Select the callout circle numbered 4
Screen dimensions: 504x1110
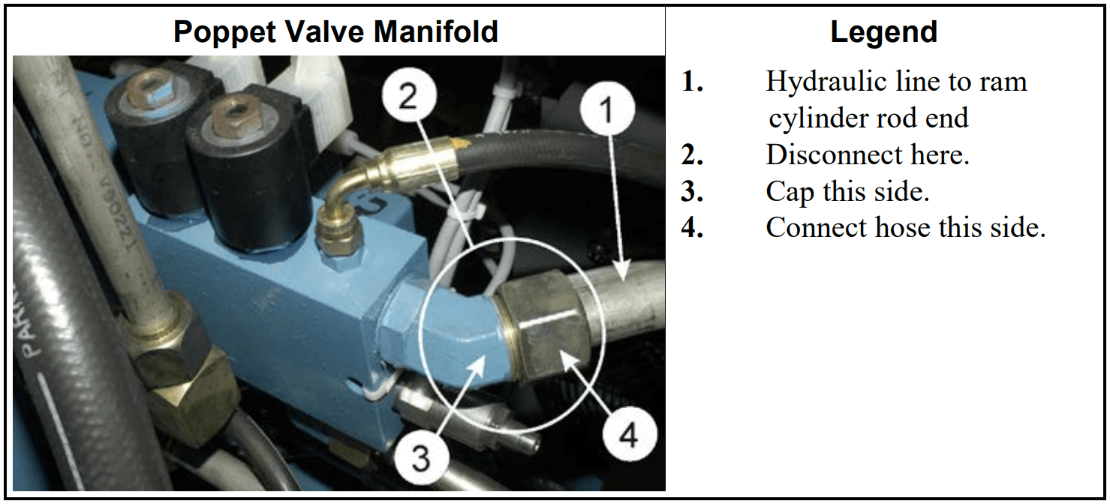click(x=627, y=436)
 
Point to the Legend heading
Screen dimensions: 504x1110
click(x=883, y=32)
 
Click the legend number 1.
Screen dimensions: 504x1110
click(x=692, y=81)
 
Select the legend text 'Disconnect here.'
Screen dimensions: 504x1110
click(x=868, y=154)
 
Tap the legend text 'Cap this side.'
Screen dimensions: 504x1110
click(x=847, y=191)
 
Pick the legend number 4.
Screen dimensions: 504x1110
click(x=692, y=227)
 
